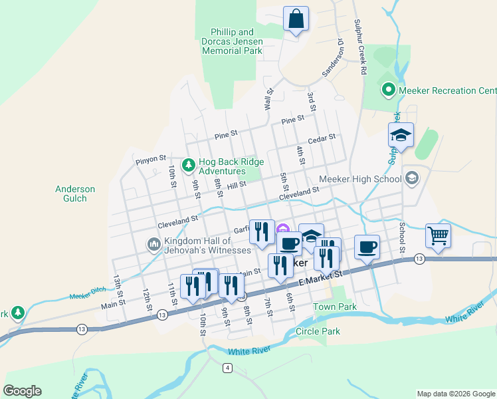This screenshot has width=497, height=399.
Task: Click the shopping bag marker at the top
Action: [x=296, y=19]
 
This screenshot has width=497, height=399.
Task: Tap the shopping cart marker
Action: [x=438, y=235]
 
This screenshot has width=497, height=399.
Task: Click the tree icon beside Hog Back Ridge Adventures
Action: [x=189, y=164]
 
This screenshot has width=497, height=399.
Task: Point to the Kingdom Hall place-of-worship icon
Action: [x=154, y=245]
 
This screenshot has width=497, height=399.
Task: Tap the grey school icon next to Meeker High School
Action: [x=411, y=178]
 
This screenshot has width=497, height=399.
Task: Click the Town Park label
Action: [x=335, y=307]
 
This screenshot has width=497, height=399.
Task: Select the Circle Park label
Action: [x=318, y=331]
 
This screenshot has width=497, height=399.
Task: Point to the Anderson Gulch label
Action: [x=75, y=194]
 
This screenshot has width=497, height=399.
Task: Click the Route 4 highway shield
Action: [x=228, y=368]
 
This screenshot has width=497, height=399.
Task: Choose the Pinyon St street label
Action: [x=150, y=159]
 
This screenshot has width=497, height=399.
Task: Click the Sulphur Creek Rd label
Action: [x=361, y=47]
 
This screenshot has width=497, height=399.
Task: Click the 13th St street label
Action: [x=118, y=287]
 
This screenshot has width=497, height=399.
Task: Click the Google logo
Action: [x=22, y=391]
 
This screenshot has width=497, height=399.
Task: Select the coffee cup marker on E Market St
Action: [x=367, y=247]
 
